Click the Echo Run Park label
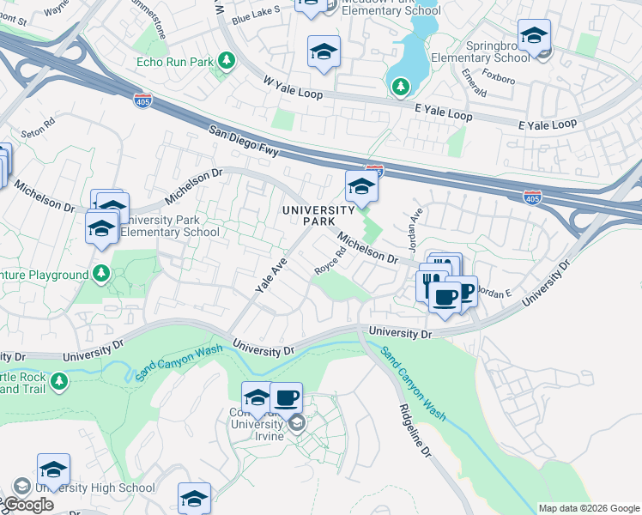pyautogui.click(x=174, y=62)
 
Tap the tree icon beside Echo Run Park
pyautogui.click(x=227, y=61)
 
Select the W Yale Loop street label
pyautogui.click(x=293, y=88)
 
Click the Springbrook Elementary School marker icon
pyautogui.click(x=534, y=36)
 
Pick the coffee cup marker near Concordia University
pyautogui.click(x=286, y=398)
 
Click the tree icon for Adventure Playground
pyautogui.click(x=101, y=274)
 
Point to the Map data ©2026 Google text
pyautogui.click(x=588, y=508)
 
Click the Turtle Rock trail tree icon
pyautogui.click(x=58, y=379)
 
